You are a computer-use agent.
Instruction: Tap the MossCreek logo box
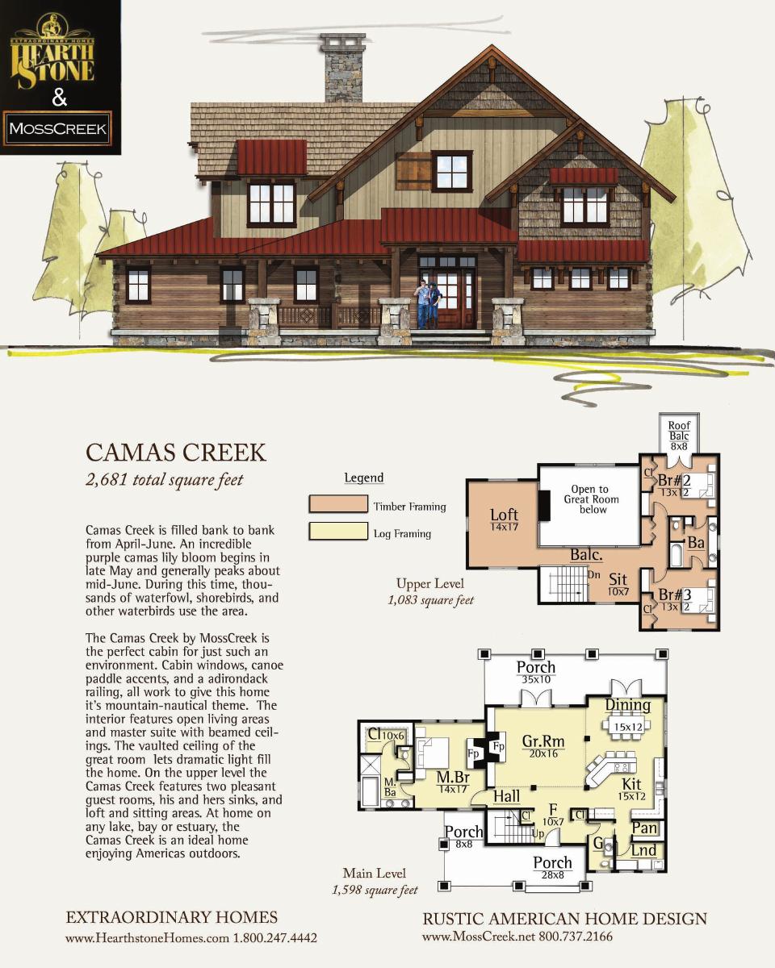(57, 128)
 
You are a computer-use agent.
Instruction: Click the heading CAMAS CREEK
(176, 453)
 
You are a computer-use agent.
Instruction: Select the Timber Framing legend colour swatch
(338, 504)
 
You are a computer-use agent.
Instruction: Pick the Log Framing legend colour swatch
(338, 531)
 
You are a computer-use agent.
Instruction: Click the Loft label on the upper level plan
(504, 515)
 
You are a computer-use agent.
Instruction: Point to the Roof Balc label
(679, 431)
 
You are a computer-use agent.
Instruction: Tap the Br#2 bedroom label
(674, 481)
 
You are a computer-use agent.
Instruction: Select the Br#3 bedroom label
(675, 595)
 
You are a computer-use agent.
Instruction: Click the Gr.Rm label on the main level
(543, 741)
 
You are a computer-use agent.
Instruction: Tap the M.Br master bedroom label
(453, 777)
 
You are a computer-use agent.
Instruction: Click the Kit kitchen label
(631, 784)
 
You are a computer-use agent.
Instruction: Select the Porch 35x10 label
(536, 673)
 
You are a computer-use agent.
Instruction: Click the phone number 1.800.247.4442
(275, 938)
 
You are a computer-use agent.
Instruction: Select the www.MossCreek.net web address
(478, 937)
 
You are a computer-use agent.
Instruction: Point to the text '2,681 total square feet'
(165, 480)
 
